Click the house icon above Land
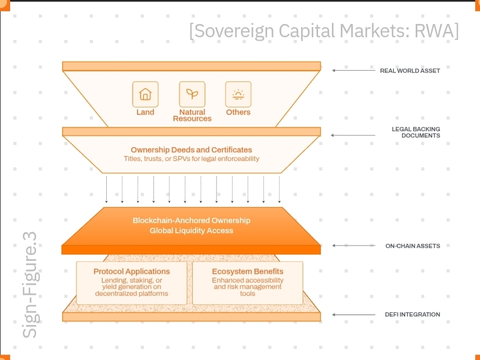[145, 95]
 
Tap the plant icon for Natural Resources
[192, 95]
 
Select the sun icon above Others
[238, 95]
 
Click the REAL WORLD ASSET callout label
[409, 71]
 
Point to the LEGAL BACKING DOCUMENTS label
[416, 132]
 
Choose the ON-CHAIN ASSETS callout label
[413, 246]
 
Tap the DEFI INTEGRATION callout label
[412, 314]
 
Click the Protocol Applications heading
[132, 271]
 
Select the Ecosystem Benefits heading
[247, 271]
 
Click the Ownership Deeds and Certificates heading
[191, 150]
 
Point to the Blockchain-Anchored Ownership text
[191, 220]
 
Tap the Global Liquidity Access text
[191, 230]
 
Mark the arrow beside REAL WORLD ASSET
[354, 70]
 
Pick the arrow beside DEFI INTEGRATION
[354, 314]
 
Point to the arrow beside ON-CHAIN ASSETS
[354, 245]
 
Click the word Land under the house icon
[145, 112]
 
